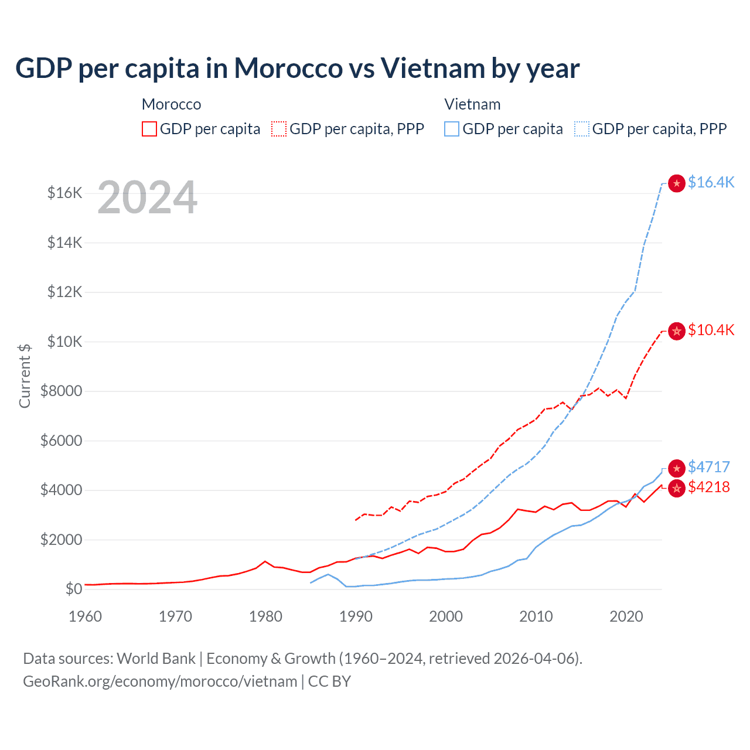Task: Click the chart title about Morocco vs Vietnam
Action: click(x=297, y=69)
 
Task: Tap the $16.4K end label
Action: click(x=711, y=183)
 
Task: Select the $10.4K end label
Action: click(x=711, y=330)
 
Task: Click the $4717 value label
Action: click(x=708, y=468)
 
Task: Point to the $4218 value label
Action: click(x=708, y=487)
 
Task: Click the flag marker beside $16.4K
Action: click(x=677, y=184)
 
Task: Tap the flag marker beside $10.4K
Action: click(x=677, y=332)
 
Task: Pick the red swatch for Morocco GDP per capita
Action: click(x=149, y=129)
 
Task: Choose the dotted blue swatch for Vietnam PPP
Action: click(x=582, y=129)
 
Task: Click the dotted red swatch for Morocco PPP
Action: click(x=279, y=129)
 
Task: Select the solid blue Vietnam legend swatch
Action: click(x=452, y=129)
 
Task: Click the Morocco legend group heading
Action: click(x=171, y=105)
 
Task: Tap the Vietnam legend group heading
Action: click(x=472, y=105)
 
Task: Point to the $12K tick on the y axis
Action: click(x=64, y=292)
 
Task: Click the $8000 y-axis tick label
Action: click(x=61, y=391)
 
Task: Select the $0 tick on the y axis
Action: click(x=73, y=589)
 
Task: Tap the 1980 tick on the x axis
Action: click(x=265, y=616)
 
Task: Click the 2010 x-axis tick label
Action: click(x=536, y=616)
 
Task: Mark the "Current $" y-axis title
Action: click(x=25, y=376)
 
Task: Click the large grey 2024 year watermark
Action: click(x=147, y=197)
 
